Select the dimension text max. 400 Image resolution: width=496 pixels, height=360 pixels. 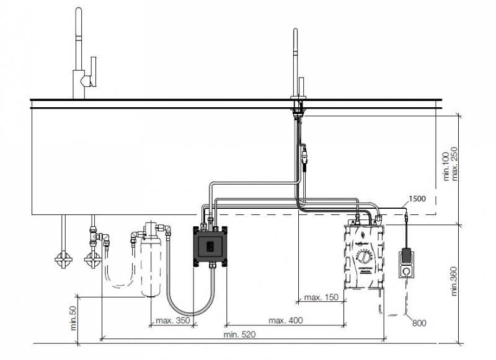click(x=286, y=320)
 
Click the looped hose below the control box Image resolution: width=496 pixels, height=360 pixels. click(x=189, y=304)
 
